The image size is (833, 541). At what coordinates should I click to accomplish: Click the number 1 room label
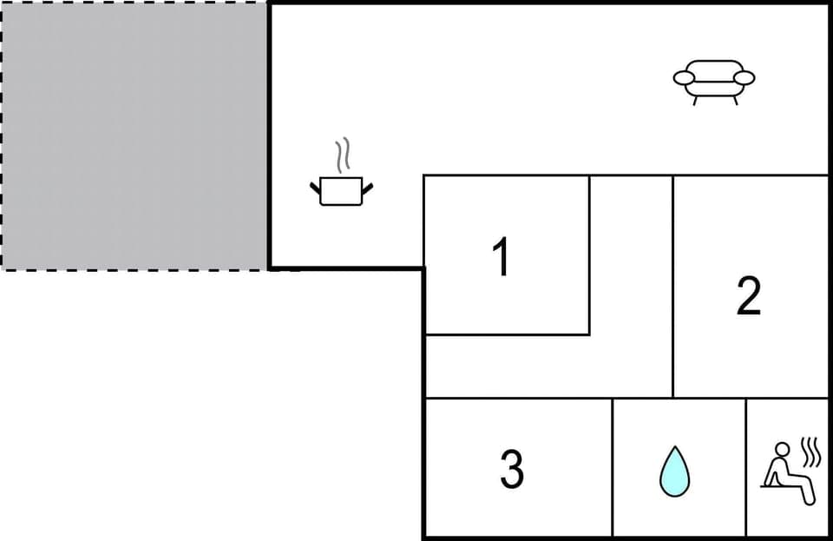501,258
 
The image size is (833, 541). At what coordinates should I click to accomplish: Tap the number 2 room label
749,296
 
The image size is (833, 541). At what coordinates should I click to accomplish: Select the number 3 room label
512,469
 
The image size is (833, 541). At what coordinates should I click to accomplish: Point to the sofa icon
714,79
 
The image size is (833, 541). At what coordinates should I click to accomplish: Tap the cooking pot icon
341,190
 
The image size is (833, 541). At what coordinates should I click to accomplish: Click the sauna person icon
785,472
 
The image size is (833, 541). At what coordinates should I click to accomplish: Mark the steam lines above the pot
344,155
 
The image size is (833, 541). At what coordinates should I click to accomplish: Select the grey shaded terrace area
134,135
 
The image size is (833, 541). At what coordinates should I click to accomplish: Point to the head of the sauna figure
782,450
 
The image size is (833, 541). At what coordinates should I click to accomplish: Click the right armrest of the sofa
744,78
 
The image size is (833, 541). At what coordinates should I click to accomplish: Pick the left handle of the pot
315,186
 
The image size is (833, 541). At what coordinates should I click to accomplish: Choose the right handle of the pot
368,186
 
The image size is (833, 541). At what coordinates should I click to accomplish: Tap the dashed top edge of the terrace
134,3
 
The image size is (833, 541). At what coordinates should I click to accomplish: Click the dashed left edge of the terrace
2,135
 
